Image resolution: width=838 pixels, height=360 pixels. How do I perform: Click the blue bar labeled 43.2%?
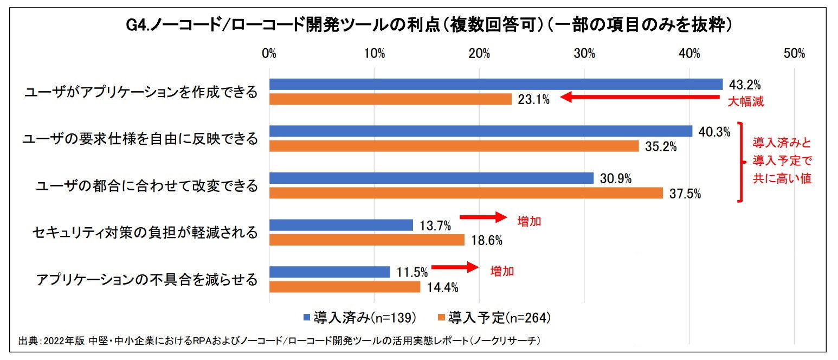[x=495, y=85]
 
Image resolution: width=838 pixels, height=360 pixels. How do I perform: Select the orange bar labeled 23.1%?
[x=390, y=99]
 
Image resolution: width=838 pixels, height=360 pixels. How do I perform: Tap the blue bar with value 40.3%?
[x=480, y=132]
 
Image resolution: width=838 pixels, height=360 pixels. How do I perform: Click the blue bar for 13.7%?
[x=341, y=225]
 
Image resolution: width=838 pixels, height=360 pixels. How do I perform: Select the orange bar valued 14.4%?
[x=345, y=287]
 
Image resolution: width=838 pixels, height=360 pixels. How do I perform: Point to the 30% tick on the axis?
[x=584, y=54]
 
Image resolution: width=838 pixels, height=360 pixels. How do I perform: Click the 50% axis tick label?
[x=794, y=54]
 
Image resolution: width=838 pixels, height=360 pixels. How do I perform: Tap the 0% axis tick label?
[x=269, y=54]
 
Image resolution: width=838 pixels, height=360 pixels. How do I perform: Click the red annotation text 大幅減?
[x=745, y=101]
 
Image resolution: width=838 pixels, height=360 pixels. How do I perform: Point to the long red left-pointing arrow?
[x=640, y=98]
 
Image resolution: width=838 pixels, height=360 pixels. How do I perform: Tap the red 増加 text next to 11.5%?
[x=502, y=272]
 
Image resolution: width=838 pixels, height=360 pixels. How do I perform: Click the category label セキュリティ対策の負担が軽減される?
[x=145, y=233]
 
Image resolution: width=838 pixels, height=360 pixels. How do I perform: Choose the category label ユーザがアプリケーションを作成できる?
[x=141, y=92]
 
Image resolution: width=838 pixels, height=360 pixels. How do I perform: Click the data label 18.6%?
[x=486, y=240]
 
